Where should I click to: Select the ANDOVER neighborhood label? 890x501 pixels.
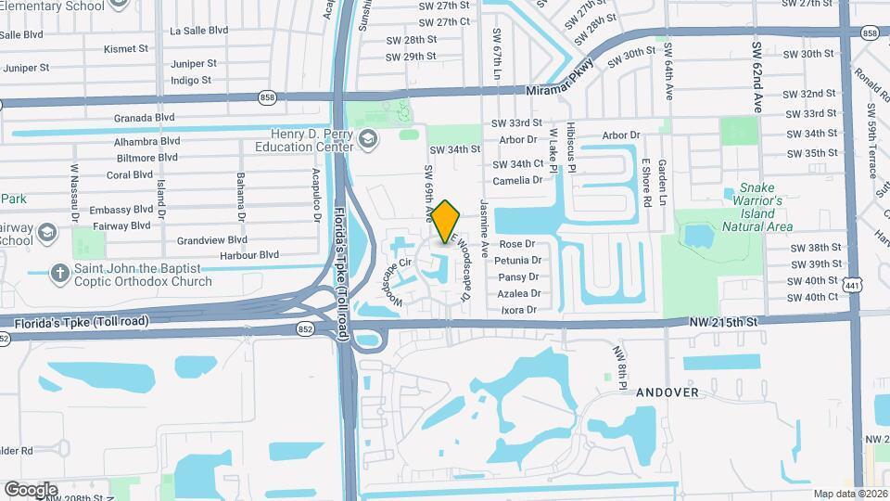click(x=667, y=392)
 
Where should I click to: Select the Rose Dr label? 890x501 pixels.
click(x=517, y=244)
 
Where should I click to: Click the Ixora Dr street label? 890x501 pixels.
click(x=517, y=309)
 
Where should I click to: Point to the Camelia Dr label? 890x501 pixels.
click(x=517, y=180)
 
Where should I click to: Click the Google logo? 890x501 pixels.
click(x=31, y=489)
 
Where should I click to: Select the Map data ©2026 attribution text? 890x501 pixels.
click(x=850, y=494)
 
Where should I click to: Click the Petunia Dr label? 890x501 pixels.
click(x=519, y=261)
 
